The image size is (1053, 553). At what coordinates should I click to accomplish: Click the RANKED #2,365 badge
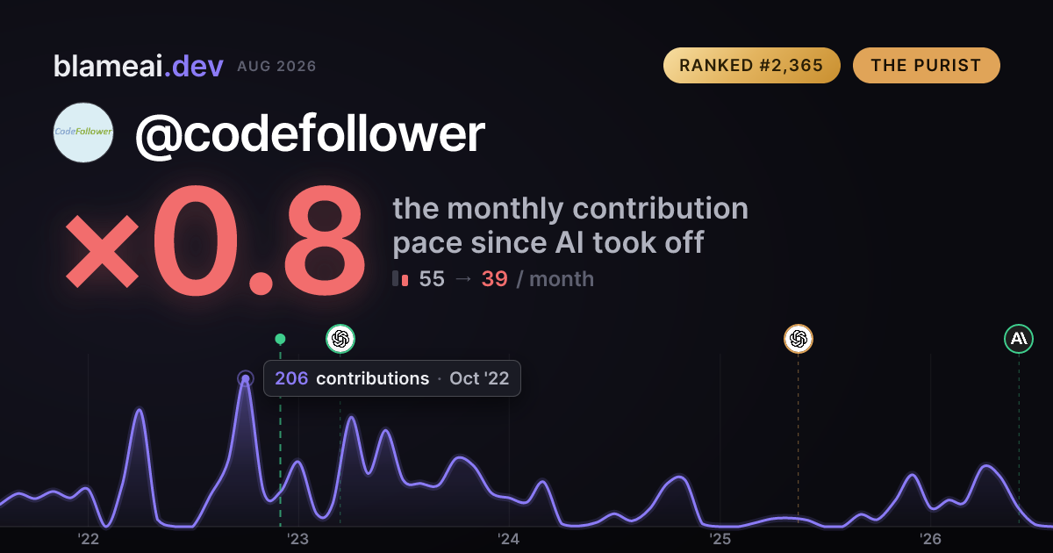coord(752,65)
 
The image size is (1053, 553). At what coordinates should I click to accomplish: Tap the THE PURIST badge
coord(926,65)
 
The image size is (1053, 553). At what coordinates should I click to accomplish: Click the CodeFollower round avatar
coord(83,133)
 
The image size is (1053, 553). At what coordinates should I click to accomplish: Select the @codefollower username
coord(311,133)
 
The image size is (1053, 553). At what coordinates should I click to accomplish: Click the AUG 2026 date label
coord(276,67)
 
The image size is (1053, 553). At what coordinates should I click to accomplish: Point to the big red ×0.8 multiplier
coord(215,241)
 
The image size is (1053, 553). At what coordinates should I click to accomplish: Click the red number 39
coord(495,279)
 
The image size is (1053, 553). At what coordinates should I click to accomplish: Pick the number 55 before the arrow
coord(432,279)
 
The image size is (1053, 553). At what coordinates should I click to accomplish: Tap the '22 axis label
coord(88,539)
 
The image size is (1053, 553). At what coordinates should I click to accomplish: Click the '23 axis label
coord(298,539)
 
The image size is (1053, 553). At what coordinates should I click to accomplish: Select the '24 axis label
coord(509,539)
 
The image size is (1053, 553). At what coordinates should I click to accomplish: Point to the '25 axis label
coord(720,539)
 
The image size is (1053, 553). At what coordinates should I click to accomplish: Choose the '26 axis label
coord(930,539)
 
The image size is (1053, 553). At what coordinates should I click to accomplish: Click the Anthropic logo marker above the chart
coord(1019,339)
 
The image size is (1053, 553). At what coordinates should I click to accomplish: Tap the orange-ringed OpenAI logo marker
coord(799,339)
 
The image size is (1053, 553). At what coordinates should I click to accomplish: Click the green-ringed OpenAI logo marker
coord(340,339)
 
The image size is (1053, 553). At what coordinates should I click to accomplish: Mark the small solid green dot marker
coord(280,339)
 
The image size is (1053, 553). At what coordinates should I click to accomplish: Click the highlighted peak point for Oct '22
coord(246,378)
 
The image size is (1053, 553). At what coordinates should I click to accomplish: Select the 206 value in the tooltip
coord(291,378)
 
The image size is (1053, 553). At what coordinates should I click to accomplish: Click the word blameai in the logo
coord(108,66)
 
